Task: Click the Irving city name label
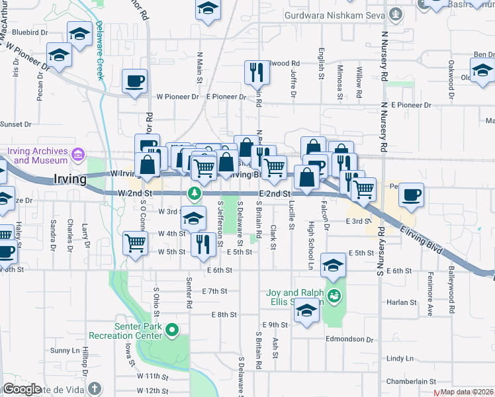[x=69, y=179]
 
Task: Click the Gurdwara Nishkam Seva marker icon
[x=396, y=13]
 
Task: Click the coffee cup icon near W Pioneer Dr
[x=135, y=82]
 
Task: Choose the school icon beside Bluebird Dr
[x=79, y=34]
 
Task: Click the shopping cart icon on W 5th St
[x=135, y=243]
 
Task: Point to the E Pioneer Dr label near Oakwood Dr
[x=410, y=105]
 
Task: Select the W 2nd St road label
[x=136, y=193]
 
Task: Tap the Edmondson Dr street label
[x=349, y=339]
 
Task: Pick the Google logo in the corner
[x=22, y=389]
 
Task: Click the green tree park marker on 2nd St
[x=195, y=193]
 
